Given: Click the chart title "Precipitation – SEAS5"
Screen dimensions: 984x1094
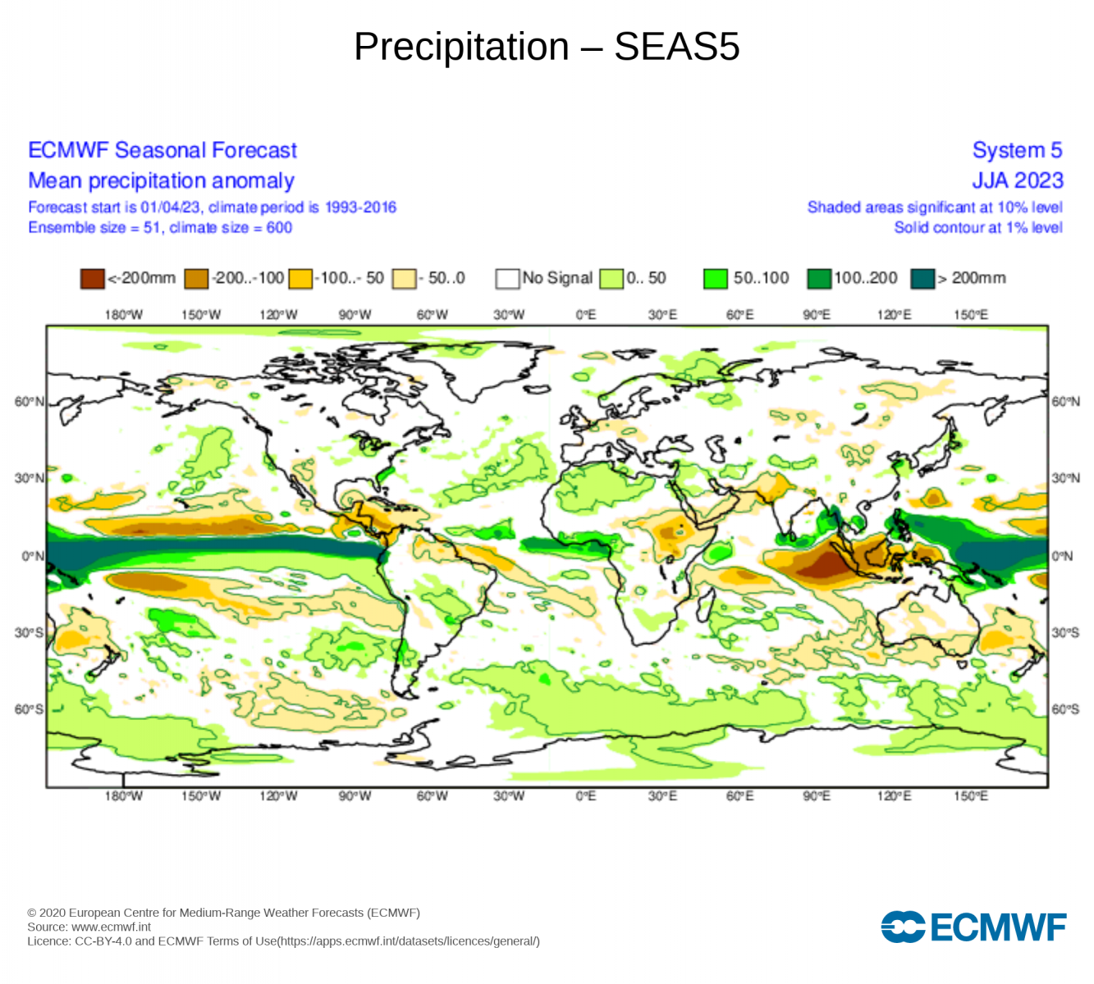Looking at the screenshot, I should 547,47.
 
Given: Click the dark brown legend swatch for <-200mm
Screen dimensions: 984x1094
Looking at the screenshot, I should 92,279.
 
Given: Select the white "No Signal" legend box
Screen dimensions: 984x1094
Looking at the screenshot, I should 507,279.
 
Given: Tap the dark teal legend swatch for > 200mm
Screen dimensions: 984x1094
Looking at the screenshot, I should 922,279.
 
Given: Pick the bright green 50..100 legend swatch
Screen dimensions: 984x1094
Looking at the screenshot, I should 715,279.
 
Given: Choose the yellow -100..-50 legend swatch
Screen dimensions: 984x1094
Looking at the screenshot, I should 300,279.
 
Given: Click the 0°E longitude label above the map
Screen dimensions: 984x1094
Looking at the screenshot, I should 585,315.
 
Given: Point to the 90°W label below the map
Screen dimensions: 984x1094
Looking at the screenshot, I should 355,796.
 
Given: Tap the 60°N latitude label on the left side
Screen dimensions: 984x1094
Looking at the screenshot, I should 29,402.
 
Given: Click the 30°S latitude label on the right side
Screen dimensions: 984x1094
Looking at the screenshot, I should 1065,633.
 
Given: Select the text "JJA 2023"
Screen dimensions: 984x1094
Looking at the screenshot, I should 1017,180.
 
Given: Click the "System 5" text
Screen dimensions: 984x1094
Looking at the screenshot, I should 1017,150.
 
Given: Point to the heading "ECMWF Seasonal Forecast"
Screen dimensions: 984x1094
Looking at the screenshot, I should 162,150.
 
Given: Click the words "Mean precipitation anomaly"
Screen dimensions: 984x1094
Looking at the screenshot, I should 161,180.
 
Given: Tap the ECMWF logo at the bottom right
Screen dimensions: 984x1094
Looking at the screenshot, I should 973,927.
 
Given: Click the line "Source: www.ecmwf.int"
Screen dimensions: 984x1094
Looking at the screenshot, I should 89,927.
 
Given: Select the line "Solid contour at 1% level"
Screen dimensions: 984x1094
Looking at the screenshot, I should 977,227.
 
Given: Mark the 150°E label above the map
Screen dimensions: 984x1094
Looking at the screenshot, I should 971,315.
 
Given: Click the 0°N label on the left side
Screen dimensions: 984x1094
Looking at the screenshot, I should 32,556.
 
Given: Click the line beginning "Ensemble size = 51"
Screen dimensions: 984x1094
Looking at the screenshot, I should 160,227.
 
